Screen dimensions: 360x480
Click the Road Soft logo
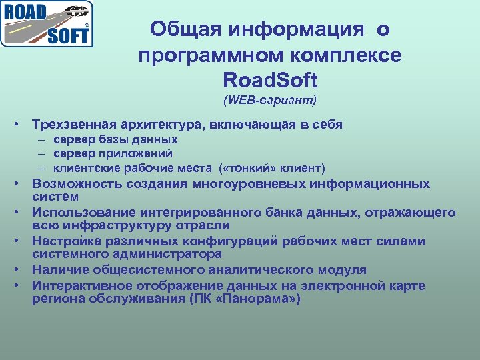pyautogui.click(x=47, y=24)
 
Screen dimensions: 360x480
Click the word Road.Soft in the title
pyautogui.click(x=270, y=81)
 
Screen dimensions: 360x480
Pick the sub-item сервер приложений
pyautogui.click(x=106, y=153)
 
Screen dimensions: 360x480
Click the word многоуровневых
pyautogui.click(x=246, y=184)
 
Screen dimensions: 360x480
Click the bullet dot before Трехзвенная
pyautogui.click(x=23, y=125)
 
